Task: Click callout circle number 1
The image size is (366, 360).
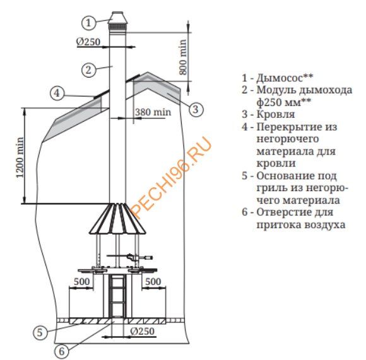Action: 88,23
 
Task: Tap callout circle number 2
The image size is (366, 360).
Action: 89,69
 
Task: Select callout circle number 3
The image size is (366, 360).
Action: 196,109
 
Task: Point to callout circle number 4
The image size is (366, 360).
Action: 57,93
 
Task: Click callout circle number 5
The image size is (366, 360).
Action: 40,332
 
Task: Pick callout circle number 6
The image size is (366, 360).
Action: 61,351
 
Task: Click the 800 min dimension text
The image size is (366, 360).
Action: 183,57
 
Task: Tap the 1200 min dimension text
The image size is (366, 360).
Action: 20,158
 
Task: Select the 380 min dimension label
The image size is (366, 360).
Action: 153,112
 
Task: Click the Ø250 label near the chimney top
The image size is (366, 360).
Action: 88,42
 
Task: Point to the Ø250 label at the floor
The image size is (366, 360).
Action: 143,331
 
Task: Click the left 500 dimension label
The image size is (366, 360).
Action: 81,281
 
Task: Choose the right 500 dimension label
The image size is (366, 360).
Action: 153,281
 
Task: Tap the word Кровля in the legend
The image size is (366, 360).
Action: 276,114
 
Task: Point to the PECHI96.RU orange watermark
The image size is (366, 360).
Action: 172,177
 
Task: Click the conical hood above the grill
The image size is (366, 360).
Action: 117,218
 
